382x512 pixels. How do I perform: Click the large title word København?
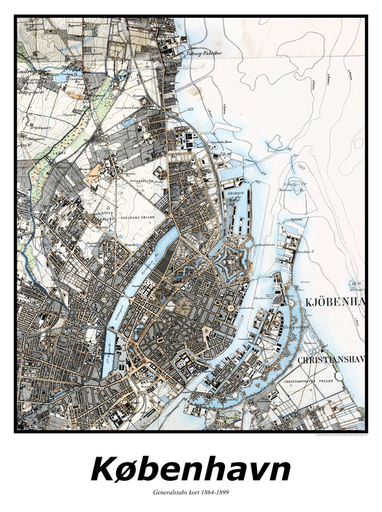point(191,469)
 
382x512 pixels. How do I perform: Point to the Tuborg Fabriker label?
point(202,53)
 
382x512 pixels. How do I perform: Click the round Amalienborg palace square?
point(228,308)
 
